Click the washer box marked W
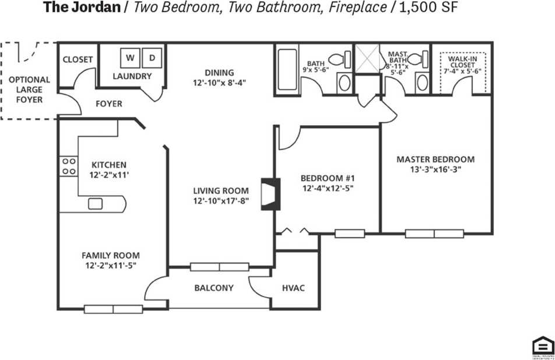[130, 58]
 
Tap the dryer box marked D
[152, 58]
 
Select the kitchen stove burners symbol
[69, 166]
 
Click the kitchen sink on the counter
[95, 204]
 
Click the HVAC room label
[293, 288]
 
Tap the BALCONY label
[214, 288]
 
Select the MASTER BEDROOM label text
[435, 159]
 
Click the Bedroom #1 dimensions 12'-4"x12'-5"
[327, 188]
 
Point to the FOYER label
[108, 104]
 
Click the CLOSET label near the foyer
[78, 59]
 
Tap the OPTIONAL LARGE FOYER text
[29, 89]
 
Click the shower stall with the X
[367, 59]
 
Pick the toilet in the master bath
[416, 59]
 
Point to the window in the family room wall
[113, 309]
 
